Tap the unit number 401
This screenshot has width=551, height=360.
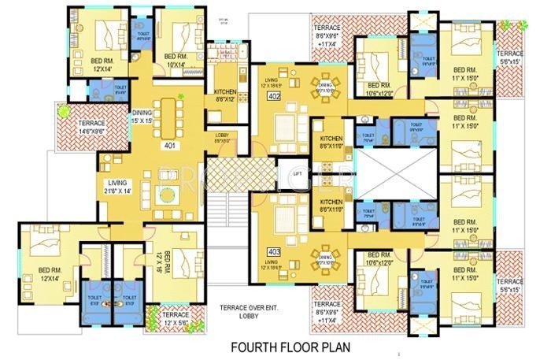pyautogui.click(x=169, y=146)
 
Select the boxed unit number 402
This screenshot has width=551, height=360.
pyautogui.click(x=274, y=97)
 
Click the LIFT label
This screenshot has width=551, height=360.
pyautogui.click(x=297, y=173)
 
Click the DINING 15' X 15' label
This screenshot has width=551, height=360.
pyautogui.click(x=142, y=116)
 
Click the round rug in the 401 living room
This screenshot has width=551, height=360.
pyautogui.click(x=166, y=195)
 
